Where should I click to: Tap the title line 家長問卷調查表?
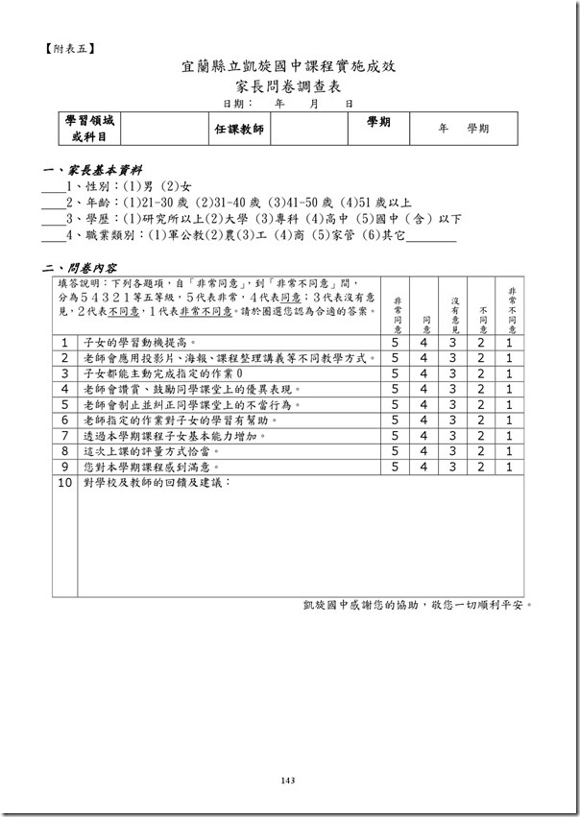click(289, 86)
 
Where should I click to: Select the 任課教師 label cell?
click(238, 129)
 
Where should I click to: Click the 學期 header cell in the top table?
click(378, 123)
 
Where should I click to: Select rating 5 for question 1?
click(395, 342)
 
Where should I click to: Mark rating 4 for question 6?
click(423, 420)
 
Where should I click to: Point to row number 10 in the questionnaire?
click(65, 482)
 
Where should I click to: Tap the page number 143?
click(288, 781)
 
